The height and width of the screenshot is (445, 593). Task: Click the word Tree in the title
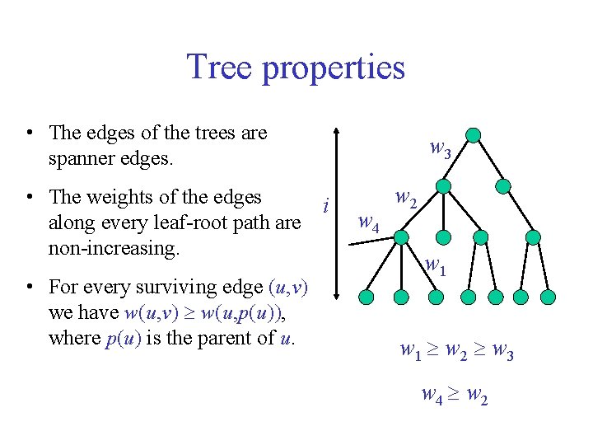220,67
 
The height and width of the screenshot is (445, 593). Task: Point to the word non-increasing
114,247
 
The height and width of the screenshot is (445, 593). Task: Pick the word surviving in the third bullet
185,288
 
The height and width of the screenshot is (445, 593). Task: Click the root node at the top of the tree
472,135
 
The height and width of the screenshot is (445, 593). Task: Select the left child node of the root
443,186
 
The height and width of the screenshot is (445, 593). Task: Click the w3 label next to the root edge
441,149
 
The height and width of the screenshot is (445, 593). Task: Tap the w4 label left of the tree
368,222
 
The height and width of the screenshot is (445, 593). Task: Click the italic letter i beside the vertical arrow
327,204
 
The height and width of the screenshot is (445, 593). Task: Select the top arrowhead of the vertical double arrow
335,131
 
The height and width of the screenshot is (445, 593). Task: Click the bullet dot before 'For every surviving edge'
29,288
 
